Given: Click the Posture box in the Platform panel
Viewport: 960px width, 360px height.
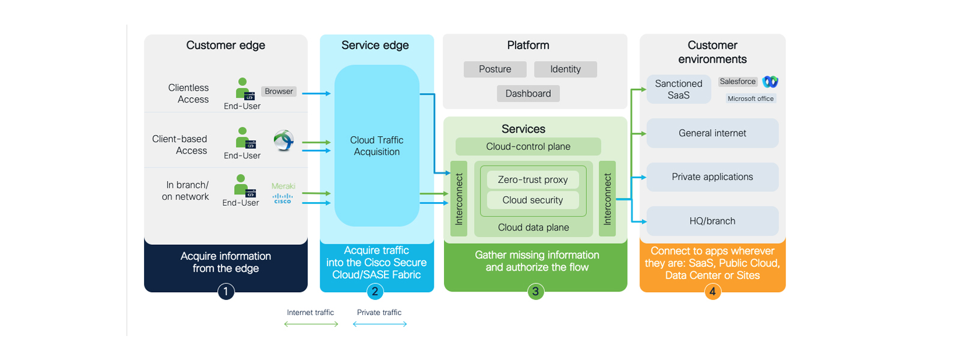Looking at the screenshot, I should click(x=495, y=70).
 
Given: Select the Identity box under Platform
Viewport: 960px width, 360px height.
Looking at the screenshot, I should click(x=565, y=70).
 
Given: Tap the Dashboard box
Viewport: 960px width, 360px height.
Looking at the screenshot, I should click(x=528, y=94).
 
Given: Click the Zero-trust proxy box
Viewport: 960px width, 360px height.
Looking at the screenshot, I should click(x=533, y=180).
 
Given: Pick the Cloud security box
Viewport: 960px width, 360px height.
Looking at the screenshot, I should click(x=533, y=200).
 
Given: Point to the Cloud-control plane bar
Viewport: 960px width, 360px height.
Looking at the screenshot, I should click(x=528, y=146).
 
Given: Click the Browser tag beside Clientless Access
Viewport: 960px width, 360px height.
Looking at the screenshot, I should click(x=279, y=91).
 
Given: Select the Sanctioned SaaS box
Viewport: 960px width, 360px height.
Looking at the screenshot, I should click(x=679, y=89).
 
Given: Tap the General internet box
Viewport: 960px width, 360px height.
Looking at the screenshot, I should click(x=712, y=133).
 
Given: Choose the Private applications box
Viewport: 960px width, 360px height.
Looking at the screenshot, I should click(x=712, y=177).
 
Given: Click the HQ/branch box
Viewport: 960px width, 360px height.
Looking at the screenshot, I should click(x=712, y=221).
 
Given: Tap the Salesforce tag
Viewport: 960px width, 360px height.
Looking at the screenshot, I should click(x=737, y=82).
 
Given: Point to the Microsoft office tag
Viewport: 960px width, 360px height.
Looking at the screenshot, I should click(x=751, y=98).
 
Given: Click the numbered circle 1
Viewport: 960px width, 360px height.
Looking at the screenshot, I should click(x=226, y=292).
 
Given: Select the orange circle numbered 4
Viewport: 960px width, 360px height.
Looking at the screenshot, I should click(x=712, y=292).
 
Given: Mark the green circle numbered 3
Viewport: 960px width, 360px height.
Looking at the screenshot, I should click(x=535, y=292).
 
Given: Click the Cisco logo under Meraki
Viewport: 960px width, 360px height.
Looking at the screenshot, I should click(x=283, y=199).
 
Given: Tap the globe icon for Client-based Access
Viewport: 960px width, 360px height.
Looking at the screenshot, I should click(x=284, y=140).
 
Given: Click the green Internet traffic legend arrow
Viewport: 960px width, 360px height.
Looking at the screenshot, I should click(x=311, y=324).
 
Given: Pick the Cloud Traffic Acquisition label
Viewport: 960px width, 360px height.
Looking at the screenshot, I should click(x=377, y=146).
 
